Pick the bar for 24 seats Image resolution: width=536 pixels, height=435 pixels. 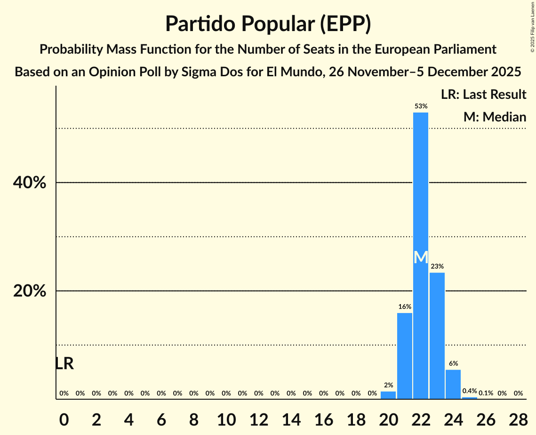click(453, 384)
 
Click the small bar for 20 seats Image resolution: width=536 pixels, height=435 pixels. click(388, 395)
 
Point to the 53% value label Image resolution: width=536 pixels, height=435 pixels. click(421, 106)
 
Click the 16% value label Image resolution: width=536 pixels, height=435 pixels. click(405, 307)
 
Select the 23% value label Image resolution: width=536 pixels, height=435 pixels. click(437, 266)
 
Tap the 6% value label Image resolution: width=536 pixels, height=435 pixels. click(453, 363)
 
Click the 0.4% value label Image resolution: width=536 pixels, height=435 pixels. click(470, 391)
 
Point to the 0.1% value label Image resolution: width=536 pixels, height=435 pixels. click(486, 393)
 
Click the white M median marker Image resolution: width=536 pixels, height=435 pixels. click(421, 258)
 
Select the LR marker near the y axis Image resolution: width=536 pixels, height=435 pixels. click(64, 363)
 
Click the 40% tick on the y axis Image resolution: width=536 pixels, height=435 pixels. click(30, 183)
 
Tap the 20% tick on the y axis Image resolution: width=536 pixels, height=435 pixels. click(30, 291)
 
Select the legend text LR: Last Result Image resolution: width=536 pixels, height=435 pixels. click(483, 95)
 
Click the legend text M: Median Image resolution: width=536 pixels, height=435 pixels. click(495, 117)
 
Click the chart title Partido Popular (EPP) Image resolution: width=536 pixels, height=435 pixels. click(268, 24)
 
